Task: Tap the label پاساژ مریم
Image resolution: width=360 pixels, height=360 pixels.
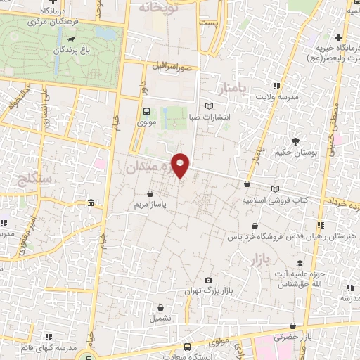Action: (x=148, y=206)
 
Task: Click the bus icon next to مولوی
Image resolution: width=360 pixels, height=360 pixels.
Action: (x=146, y=110)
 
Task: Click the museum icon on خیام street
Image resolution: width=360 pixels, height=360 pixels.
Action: (x=91, y=204)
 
